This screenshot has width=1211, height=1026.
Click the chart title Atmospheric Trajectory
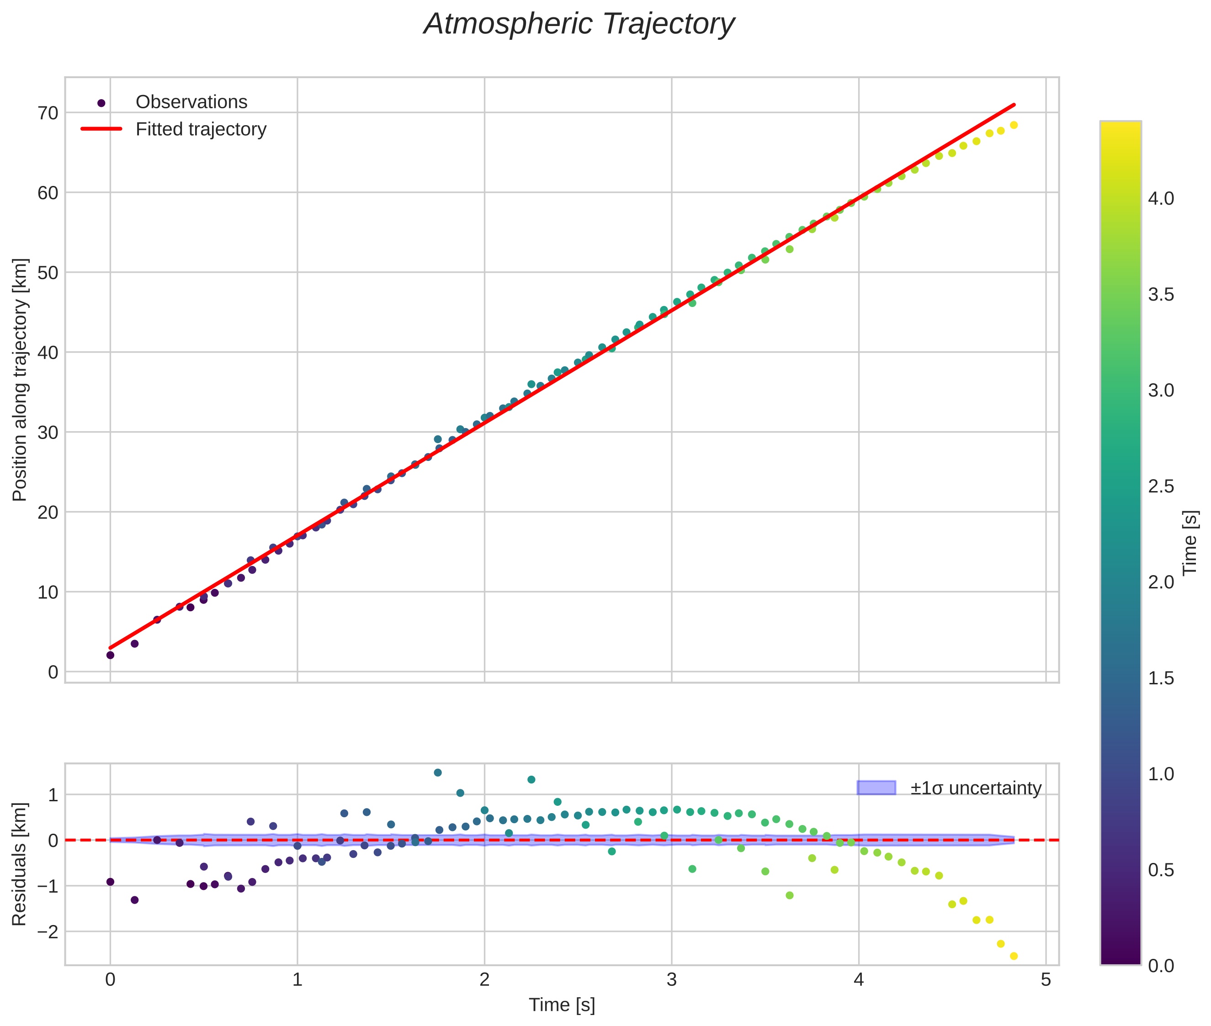[579, 24]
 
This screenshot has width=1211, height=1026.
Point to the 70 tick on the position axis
[48, 113]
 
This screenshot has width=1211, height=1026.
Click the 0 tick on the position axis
[53, 672]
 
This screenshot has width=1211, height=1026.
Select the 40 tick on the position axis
[48, 353]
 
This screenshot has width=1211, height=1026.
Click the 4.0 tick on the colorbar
[1161, 199]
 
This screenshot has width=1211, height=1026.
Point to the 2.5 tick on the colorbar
[1161, 486]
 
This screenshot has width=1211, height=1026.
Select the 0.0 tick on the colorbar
[1161, 966]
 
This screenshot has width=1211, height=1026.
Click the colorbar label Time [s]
[1190, 543]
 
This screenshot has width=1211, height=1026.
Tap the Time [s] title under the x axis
[562, 1005]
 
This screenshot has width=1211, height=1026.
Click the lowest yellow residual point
[1014, 956]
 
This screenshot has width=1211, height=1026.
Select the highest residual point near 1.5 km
[438, 773]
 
